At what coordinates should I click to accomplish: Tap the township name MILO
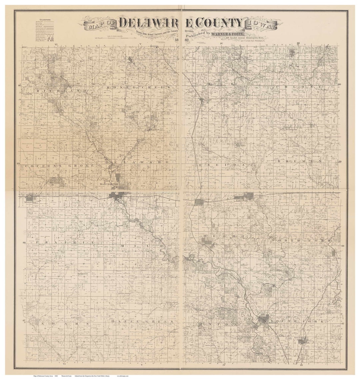coord(141,246)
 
